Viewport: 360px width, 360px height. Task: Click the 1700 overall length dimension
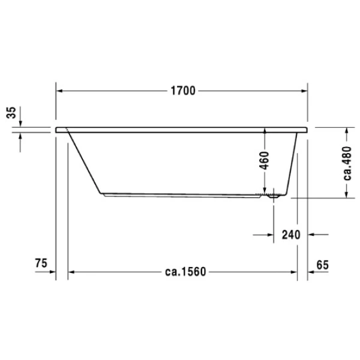pyautogui.click(x=182, y=91)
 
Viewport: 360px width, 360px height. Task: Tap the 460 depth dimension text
pyautogui.click(x=264, y=161)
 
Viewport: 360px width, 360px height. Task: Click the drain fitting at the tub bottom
pyautogui.click(x=274, y=194)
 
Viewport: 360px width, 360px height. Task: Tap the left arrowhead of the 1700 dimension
pyautogui.click(x=60, y=91)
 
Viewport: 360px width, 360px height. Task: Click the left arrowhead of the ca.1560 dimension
pyautogui.click(x=71, y=272)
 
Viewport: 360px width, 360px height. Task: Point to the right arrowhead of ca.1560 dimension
pyautogui.click(x=293, y=272)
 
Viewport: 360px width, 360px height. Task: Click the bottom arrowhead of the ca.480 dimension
pyautogui.click(x=346, y=194)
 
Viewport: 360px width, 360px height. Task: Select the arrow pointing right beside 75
pyautogui.click(x=52, y=272)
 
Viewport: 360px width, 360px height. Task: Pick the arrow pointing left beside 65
pyautogui.click(x=313, y=272)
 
